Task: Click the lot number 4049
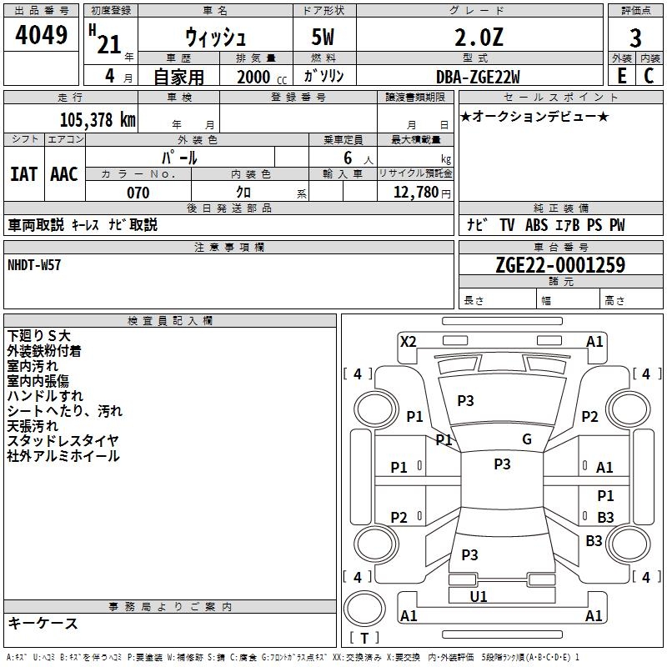42,37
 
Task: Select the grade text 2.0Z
479,37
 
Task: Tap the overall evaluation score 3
635,38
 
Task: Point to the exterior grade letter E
622,75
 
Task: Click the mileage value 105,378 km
98,119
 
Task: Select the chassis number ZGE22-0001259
560,265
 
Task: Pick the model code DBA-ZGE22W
478,76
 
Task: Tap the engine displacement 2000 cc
255,76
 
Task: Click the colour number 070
138,193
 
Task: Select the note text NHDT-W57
34,264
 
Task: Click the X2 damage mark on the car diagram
408,341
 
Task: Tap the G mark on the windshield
526,439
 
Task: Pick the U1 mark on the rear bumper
479,596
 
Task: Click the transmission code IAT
24,173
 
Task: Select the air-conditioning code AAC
64,173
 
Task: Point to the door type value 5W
324,38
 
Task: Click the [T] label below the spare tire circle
364,639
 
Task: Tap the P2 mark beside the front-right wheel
589,417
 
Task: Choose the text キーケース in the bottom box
43,623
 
